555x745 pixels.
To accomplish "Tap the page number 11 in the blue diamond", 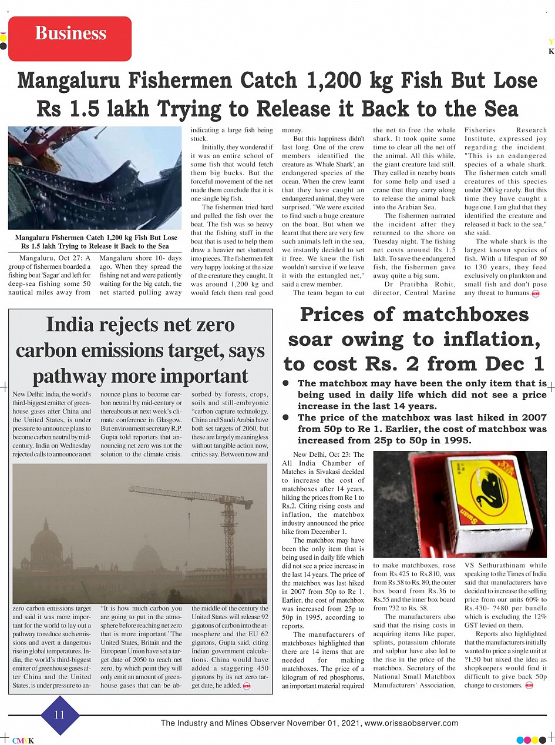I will (59, 715).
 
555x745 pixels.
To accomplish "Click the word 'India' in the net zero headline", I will (73, 325).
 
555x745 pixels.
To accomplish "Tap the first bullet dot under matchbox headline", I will (286, 383).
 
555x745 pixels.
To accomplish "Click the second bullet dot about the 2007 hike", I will (286, 417).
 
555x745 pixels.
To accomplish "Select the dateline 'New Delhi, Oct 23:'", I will (328, 455).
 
